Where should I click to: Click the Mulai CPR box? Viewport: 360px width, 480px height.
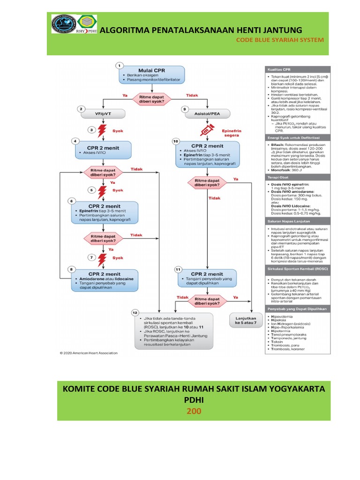(x=152, y=75)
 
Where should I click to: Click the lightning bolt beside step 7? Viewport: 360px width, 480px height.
(x=102, y=257)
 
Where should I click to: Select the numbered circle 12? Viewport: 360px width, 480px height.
(x=135, y=312)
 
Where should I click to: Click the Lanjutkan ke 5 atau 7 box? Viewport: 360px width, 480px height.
(x=243, y=322)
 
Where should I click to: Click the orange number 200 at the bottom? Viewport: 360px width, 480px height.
(x=194, y=411)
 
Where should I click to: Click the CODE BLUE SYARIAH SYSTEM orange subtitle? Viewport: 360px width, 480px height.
(x=279, y=40)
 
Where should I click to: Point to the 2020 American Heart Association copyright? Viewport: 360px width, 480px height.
(x=89, y=352)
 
